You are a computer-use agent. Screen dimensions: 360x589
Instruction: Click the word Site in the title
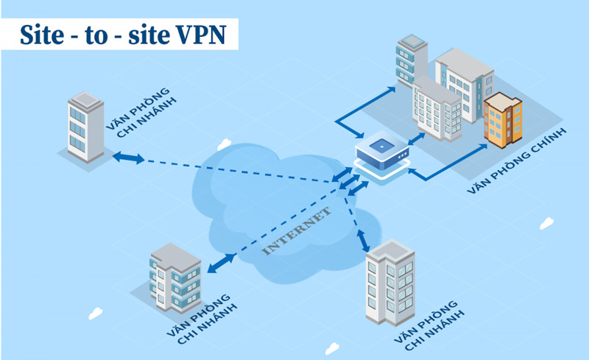pos(41,35)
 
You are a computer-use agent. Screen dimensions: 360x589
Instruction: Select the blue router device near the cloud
pos(382,155)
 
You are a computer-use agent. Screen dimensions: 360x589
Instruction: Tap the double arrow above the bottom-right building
pos(362,240)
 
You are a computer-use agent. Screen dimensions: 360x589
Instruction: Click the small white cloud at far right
pos(546,222)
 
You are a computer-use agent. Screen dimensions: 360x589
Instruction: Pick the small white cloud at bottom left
pos(95,313)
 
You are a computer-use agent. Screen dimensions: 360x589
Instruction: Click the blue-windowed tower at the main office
pos(412,59)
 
